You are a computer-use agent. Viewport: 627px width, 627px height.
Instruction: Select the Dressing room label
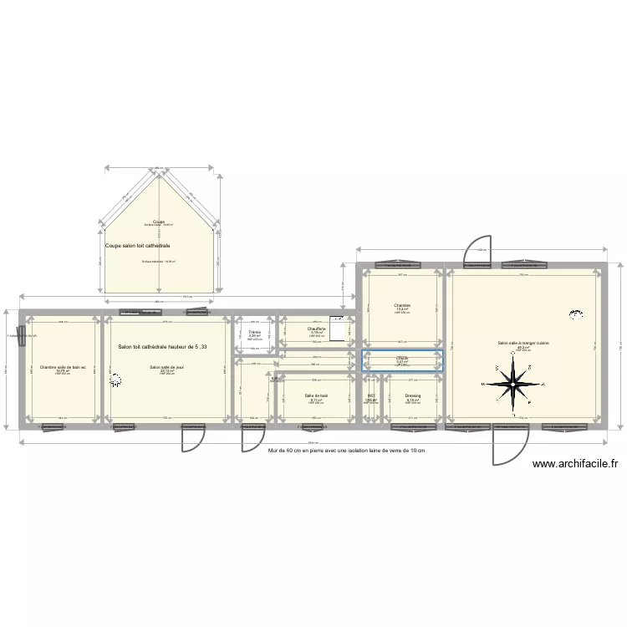click(412, 396)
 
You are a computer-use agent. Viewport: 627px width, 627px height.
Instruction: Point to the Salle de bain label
click(317, 396)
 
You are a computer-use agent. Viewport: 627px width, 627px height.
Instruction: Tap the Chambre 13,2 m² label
click(402, 307)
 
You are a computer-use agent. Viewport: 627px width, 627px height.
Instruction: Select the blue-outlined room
click(402, 360)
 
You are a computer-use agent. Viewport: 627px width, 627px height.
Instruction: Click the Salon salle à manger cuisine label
click(522, 344)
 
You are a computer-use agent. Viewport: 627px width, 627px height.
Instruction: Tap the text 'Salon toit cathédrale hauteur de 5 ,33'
click(163, 347)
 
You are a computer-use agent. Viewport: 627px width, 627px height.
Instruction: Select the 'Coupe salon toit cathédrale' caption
click(139, 246)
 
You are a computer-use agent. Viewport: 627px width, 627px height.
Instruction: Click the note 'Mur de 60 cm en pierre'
click(346, 451)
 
